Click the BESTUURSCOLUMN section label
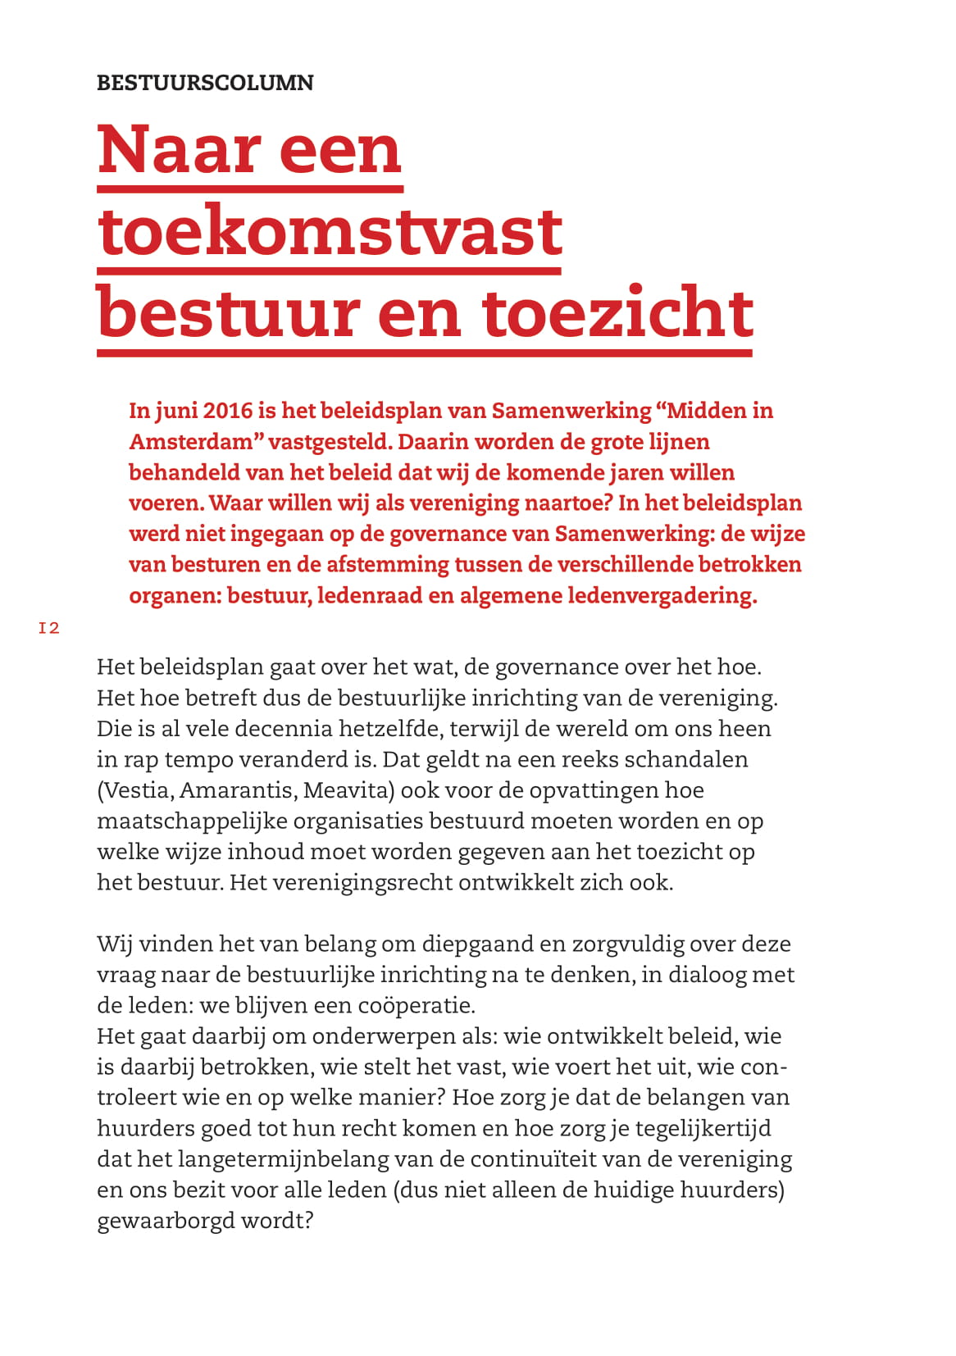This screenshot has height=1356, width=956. [205, 83]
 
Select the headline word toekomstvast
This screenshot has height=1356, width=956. [330, 231]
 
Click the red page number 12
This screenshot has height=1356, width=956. [49, 628]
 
